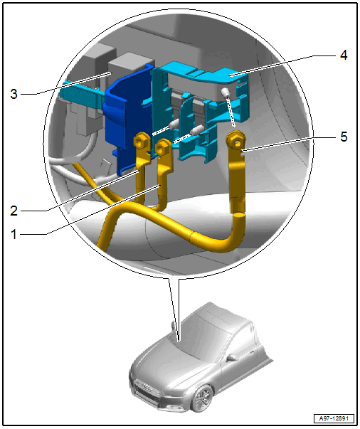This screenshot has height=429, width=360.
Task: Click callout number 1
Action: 14,235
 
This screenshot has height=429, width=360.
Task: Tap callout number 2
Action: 14,211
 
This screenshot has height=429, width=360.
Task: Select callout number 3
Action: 14,94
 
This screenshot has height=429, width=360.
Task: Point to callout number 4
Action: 344,55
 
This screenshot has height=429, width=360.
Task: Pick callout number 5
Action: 344,137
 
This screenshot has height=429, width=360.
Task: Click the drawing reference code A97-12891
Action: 334,418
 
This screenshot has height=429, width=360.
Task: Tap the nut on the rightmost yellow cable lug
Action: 235,141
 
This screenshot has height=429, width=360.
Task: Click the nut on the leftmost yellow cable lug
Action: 141,140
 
